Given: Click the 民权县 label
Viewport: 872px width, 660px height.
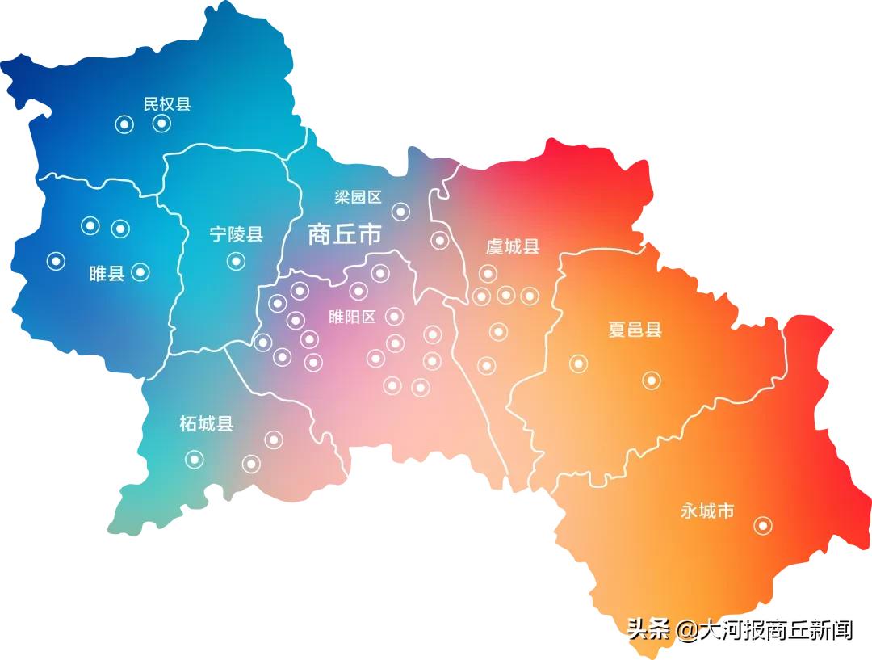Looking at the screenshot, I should pos(167,104).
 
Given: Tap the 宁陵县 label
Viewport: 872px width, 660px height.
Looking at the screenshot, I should pos(236,234).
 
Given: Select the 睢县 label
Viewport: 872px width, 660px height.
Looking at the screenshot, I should pos(107,273).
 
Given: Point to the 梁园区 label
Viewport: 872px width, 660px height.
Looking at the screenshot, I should pos(358,197).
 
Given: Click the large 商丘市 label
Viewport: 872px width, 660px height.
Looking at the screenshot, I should pos(345,234).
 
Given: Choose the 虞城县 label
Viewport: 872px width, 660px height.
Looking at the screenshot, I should pos(512,246).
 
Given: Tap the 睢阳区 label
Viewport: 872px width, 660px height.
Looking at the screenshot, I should pos(353,317).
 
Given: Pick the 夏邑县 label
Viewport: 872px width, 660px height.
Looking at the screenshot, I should pos(635,330).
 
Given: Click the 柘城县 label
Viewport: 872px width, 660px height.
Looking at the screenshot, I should pos(207,423).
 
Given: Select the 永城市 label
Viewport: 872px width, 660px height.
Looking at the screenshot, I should pos(707,511).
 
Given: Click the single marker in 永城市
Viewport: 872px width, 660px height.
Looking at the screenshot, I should pos(762,526).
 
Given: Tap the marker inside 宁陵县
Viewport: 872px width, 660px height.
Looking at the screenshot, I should pos(236,261).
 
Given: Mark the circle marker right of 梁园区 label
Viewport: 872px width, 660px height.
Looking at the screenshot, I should pos(400,212).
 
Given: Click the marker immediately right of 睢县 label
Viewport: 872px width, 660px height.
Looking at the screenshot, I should pos(140,272).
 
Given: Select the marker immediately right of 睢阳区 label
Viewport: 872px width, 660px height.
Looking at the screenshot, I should pos(394,316).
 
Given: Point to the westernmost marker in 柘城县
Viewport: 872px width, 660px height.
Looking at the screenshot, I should pos(195,459).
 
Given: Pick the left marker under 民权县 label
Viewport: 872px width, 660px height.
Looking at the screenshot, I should pos(124,124).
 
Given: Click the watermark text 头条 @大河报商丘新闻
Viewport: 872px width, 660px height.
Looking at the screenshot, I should pos(740,629).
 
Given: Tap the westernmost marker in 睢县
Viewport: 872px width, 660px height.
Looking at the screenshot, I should pos(56,261).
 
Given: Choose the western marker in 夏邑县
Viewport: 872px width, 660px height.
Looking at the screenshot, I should pos(578,364).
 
